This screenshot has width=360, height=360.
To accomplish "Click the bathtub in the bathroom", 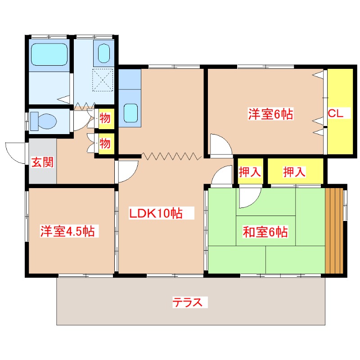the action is (49, 54).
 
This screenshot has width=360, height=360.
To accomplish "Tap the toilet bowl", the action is (44, 121).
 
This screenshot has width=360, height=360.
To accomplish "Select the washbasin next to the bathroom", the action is (104, 53).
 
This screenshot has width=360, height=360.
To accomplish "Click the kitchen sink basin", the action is (130, 113).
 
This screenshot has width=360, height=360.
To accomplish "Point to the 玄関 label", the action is (42, 162).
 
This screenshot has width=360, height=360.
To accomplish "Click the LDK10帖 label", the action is (156, 213).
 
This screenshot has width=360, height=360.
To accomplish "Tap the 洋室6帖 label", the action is (271, 114).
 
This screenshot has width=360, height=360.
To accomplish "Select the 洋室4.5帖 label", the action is (67, 231).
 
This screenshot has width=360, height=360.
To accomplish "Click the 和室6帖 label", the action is (265, 232).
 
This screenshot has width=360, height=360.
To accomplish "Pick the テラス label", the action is (187, 302).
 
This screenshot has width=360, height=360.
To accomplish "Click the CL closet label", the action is (335, 113).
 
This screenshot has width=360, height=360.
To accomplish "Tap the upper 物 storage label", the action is (105, 118).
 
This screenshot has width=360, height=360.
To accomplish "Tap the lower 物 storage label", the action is (105, 144).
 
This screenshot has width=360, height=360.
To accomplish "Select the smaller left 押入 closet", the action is (250, 171).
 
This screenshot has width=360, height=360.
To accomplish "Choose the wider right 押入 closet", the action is (296, 171).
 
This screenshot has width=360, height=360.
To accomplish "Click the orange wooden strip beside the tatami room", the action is (334, 230).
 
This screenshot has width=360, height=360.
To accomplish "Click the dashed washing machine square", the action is (103, 80).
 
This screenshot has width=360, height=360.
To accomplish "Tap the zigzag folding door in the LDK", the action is (171, 156).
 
